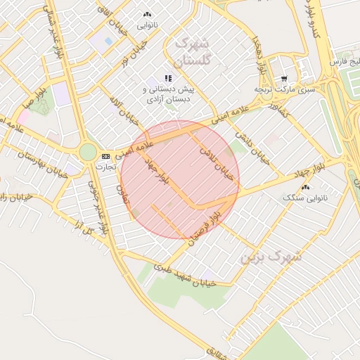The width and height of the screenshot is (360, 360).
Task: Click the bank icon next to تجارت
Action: pyautogui.click(x=105, y=156)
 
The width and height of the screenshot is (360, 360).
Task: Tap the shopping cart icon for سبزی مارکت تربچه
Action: pyautogui.click(x=283, y=79)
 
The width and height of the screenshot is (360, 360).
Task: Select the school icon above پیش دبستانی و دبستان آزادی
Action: pyautogui.click(x=167, y=78)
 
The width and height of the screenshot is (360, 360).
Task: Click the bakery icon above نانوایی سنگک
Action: pyautogui.click(x=305, y=187)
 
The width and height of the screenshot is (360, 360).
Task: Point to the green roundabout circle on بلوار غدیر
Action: pyautogui.click(x=88, y=151)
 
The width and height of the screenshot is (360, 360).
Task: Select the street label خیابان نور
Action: pyautogui.click(x=134, y=55)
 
